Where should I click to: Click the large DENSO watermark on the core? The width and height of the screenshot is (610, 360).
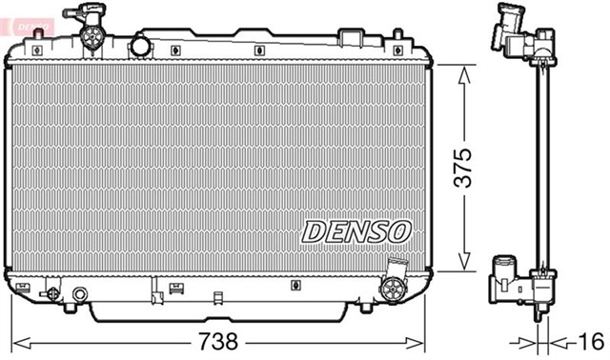pyautogui.click(x=356, y=230)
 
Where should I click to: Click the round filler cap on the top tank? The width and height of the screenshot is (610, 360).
pyautogui.click(x=91, y=37)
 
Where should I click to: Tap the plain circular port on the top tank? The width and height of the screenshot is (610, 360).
pyautogui.click(x=141, y=45)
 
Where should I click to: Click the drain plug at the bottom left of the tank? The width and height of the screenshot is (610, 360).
pyautogui.click(x=53, y=293)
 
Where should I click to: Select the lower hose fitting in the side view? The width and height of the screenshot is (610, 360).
pyautogui.click(x=514, y=283)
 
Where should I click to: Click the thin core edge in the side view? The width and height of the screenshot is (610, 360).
pyautogui.click(x=543, y=171)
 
